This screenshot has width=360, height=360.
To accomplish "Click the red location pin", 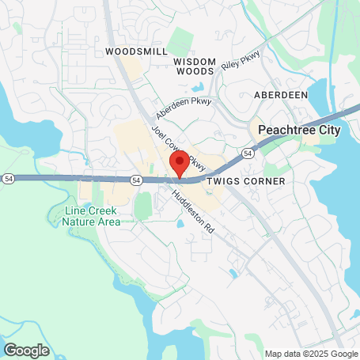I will click(180, 165).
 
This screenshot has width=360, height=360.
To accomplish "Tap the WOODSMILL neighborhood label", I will click(137, 51).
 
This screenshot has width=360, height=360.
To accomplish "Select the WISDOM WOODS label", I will click(194, 66).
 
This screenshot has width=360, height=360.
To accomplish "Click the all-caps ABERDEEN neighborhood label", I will click(280, 94).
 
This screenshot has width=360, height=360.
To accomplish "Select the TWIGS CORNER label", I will click(239, 181).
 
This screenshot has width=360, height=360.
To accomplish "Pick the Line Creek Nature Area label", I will click(93, 216).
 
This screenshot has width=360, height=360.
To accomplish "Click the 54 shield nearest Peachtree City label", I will click(248, 152).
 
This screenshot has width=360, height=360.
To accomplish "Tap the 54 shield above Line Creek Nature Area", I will click(137, 180).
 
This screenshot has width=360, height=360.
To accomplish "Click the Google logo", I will click(26, 350).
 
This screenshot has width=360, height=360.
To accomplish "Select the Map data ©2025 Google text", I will click(311, 354).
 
